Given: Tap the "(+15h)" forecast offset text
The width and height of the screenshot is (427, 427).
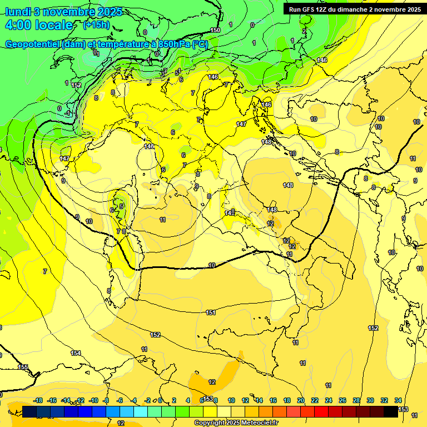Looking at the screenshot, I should click(96, 25).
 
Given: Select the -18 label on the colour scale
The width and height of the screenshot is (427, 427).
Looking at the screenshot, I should click(38, 400).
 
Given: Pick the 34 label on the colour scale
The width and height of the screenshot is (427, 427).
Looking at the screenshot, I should click(398, 400).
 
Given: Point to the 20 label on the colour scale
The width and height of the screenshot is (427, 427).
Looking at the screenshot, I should click(301, 400).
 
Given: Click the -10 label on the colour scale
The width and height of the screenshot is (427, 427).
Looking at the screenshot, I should click(93, 400).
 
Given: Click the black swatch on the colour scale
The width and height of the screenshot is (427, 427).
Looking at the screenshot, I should click(391, 411).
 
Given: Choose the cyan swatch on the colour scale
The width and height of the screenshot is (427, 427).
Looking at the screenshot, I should click(141, 411).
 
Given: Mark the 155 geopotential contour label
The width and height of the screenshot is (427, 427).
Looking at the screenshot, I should click(23, 367).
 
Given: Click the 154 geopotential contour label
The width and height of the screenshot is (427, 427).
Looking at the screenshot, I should click(76, 353).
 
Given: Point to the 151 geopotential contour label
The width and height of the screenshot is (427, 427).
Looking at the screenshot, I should click(211, 313).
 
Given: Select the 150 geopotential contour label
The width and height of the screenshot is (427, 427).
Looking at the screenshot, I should click(215, 30).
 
